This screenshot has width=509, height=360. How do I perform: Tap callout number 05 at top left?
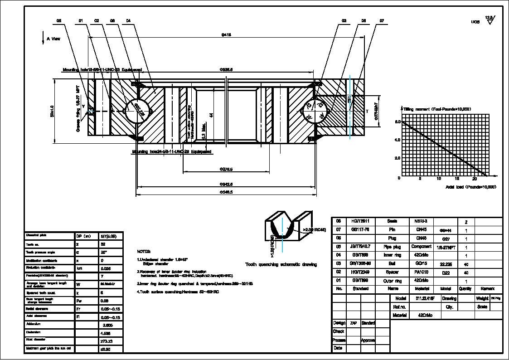point(58,21)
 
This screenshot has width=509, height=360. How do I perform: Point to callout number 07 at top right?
point(382,21)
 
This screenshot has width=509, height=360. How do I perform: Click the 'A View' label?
point(53,39)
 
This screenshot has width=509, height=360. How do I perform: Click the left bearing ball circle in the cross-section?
point(134,111)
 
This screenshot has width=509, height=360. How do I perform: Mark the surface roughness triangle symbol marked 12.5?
point(490,20)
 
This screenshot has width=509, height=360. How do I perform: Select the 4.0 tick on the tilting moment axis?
point(397,140)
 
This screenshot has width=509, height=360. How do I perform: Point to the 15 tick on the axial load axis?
point(457,179)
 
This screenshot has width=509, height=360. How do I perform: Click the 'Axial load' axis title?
point(470,187)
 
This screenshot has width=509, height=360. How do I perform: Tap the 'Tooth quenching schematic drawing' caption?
point(281,264)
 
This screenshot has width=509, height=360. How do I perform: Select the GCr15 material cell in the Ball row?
point(421,264)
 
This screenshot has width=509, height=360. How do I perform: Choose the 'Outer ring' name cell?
point(392,281)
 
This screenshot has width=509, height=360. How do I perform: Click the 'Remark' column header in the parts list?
point(488,289)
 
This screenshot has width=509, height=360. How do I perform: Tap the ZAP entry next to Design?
point(353,323)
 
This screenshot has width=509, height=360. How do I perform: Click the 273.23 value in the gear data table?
point(105,341)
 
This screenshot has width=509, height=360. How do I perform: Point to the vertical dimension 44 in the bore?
point(211,115)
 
